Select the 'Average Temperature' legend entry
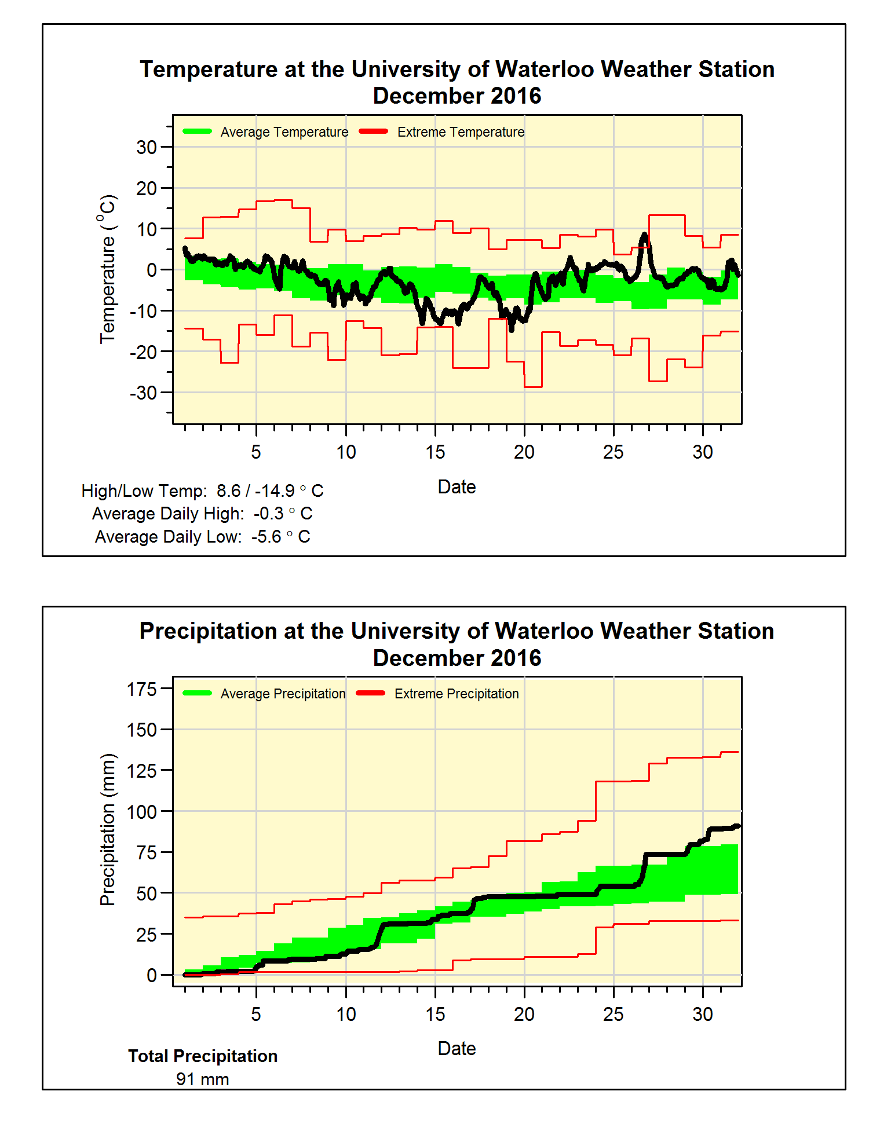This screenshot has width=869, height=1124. [284, 132]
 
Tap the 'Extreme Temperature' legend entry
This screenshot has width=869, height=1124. [461, 132]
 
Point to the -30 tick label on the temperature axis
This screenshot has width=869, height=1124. [143, 393]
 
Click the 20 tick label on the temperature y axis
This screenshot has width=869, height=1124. [147, 188]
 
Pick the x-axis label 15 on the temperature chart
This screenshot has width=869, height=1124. [435, 452]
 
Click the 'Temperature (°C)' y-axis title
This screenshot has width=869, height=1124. [107, 269]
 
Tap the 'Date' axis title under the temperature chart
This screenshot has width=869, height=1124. [457, 487]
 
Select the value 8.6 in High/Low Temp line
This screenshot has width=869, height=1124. [228, 491]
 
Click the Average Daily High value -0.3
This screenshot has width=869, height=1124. [268, 514]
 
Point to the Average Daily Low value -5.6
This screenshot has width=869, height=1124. [266, 537]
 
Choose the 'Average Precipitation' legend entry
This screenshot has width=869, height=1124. [283, 694]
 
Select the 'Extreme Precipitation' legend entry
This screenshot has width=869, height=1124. [457, 694]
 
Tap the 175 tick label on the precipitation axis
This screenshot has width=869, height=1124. [142, 689]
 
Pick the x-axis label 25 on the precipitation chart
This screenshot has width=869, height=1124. [613, 1014]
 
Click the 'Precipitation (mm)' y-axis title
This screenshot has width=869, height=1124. [107, 829]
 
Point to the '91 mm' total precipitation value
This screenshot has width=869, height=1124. [203, 1079]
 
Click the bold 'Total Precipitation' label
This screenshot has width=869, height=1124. [203, 1056]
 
